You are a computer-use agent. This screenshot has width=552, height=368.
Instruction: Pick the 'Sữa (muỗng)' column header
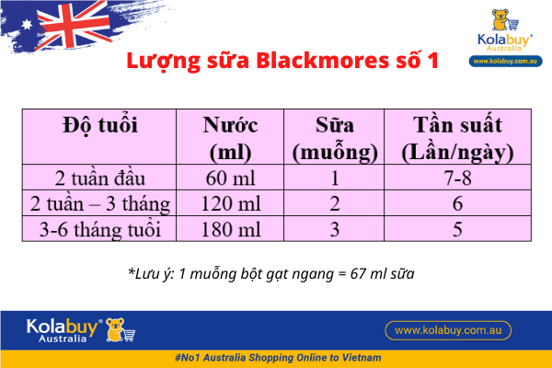click(x=335, y=137)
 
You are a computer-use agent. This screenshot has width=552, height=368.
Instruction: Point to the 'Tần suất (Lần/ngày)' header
click(x=456, y=137)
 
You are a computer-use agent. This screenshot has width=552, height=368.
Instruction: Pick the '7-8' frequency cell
click(x=456, y=178)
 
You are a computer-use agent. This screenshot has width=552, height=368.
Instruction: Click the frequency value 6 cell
click(x=456, y=202)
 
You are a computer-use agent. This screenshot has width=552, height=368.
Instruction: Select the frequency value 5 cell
click(x=456, y=227)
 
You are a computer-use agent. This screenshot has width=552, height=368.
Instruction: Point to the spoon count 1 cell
click(x=335, y=178)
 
